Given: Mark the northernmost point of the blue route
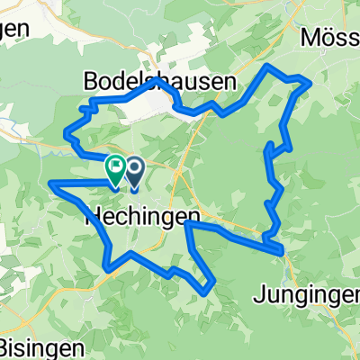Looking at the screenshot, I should coord(266,67).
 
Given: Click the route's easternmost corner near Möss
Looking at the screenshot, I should coord(310,83).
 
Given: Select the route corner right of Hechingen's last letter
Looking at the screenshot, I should coord(186,223).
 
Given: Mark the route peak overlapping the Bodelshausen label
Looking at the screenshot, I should coord(157,80).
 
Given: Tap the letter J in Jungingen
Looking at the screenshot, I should coord(259,268).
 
